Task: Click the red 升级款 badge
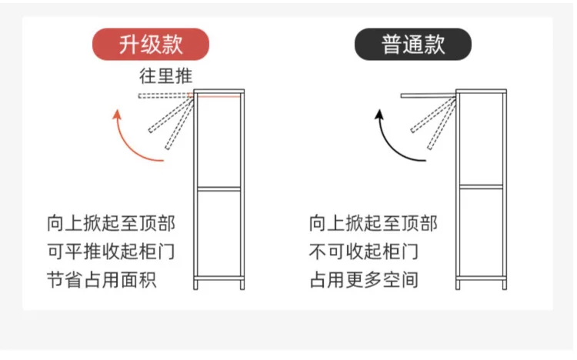[x=151, y=45]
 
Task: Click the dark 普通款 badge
[x=412, y=45]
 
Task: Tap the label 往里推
[x=165, y=76]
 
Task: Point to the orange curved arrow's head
[x=118, y=115]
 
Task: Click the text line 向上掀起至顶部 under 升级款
[x=111, y=224]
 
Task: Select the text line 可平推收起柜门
[x=111, y=252]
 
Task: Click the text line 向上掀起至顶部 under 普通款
[x=373, y=224]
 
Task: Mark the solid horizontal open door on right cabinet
[x=429, y=95]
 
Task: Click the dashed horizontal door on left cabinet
[x=165, y=96]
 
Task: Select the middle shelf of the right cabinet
[x=482, y=186]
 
